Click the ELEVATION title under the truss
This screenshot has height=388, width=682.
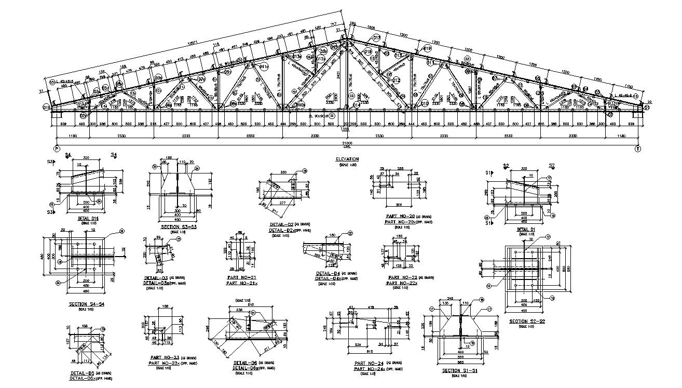point(347,159)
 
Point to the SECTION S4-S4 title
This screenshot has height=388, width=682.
point(87,304)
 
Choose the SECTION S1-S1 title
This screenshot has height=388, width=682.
point(459,370)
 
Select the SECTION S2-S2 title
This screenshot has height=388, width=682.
point(527,321)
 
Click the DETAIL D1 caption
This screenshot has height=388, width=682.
point(525,229)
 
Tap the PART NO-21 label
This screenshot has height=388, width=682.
point(242,277)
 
